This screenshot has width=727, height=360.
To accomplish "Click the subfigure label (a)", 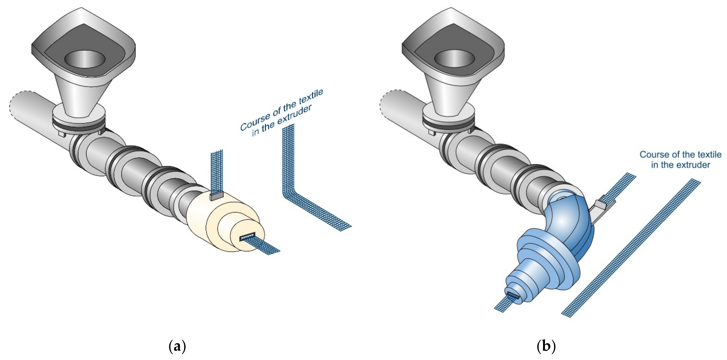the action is (177, 346).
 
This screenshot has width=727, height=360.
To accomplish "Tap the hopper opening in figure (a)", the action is (85, 59).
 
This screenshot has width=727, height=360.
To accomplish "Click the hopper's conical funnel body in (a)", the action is (82, 93).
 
